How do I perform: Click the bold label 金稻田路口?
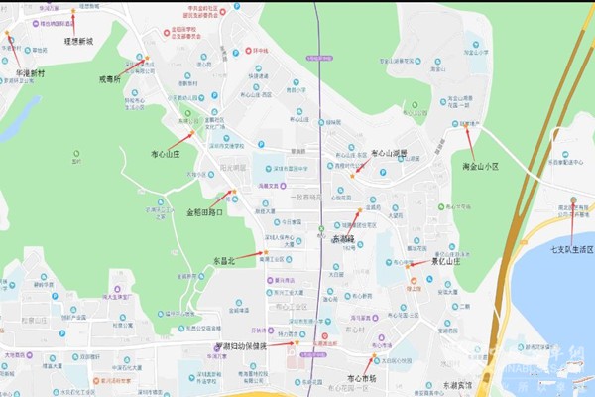click(x=205, y=211)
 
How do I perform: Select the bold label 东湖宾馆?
click(x=459, y=384)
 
